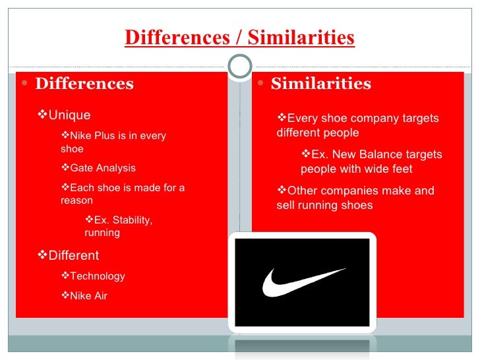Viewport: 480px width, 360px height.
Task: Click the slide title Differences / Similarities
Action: [x=239, y=38]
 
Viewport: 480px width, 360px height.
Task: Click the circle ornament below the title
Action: [x=240, y=66]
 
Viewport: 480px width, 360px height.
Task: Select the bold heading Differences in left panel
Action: [x=84, y=84]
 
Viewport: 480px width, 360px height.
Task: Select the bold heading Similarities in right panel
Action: [x=320, y=84]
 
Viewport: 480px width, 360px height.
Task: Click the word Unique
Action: [x=69, y=115]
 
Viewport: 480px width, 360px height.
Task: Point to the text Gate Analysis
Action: [x=102, y=168]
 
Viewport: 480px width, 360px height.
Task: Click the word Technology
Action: [x=97, y=276]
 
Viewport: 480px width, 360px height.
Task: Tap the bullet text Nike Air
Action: [x=88, y=296]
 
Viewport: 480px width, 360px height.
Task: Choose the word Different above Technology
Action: [x=73, y=256]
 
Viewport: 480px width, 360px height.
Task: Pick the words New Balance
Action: [x=370, y=155]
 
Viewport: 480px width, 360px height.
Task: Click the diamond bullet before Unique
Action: [x=44, y=115]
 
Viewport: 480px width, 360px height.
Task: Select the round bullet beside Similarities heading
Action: [x=261, y=84]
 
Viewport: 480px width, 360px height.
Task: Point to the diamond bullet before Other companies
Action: [x=282, y=191]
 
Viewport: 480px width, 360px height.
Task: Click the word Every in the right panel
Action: [x=301, y=119]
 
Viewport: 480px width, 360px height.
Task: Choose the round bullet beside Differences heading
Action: [x=25, y=84]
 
